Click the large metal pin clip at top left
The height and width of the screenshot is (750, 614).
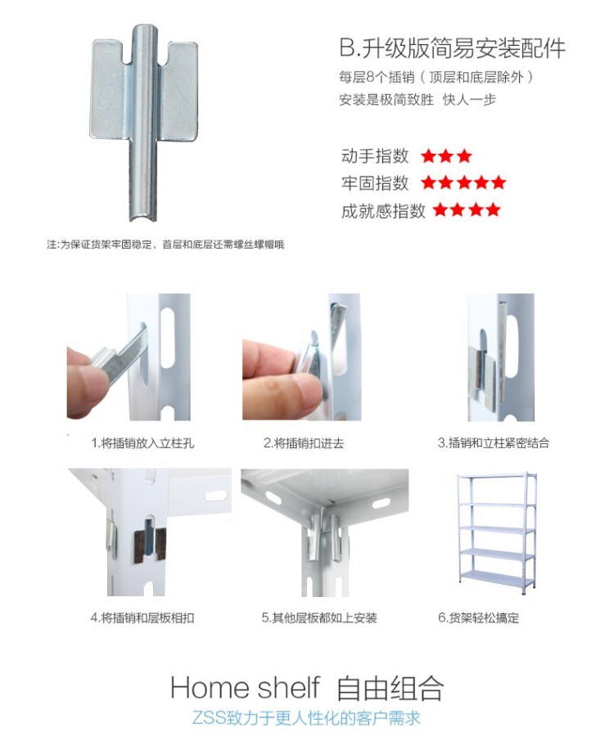(x=144, y=119)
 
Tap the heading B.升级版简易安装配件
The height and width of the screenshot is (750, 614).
(x=453, y=47)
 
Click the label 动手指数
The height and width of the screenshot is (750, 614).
(x=374, y=156)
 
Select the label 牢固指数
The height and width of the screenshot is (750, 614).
(x=374, y=182)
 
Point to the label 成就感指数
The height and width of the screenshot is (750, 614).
(x=383, y=210)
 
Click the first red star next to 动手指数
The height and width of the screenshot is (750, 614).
(x=429, y=156)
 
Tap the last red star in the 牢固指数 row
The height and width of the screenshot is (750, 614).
(x=498, y=182)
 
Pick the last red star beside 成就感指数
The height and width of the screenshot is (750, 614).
(x=492, y=209)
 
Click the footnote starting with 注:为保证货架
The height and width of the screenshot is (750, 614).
(x=165, y=245)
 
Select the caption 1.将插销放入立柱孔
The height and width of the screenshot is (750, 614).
(x=142, y=443)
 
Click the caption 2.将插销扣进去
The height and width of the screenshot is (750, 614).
(x=304, y=443)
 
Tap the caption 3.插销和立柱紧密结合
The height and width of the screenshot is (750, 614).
(x=494, y=443)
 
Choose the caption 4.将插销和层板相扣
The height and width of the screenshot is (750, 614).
(x=142, y=618)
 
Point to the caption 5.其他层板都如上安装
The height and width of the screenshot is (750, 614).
(x=319, y=618)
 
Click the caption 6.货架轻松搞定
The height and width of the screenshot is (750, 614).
(x=478, y=618)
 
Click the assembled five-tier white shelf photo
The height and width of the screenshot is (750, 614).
(x=496, y=533)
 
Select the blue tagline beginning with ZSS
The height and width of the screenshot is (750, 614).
(x=306, y=718)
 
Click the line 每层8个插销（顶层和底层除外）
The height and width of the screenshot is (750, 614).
(x=436, y=77)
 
